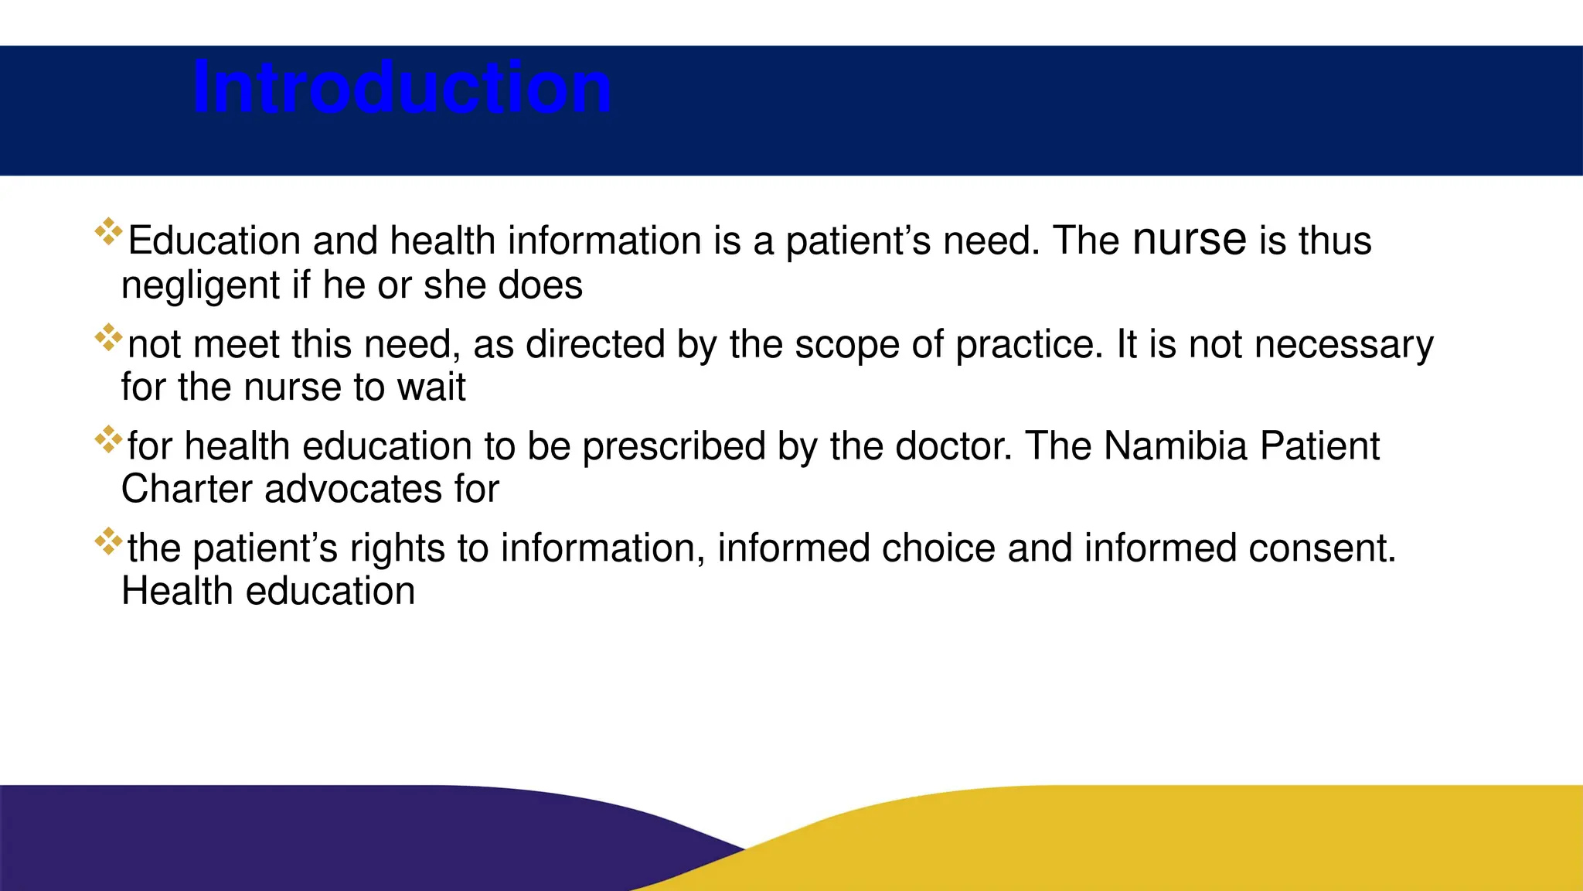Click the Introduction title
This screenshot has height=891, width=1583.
402,87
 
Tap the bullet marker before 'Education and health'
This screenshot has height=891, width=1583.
109,232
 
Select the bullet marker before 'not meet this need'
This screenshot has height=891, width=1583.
109,337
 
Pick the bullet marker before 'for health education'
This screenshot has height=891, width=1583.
109,439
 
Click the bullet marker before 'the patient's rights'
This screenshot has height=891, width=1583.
109,541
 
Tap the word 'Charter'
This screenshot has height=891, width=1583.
187,490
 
